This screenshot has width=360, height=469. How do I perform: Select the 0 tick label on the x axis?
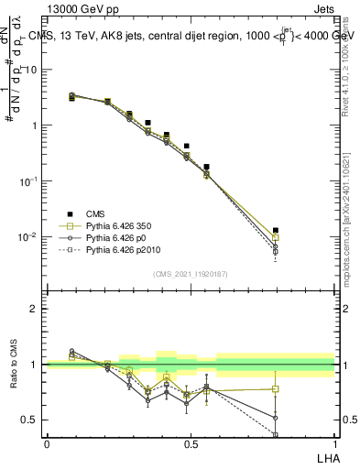pyautogui.click(x=47, y=443)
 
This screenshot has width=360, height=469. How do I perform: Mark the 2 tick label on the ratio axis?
pyautogui.click(x=35, y=309)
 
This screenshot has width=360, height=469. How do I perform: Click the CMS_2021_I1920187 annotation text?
pyautogui.click(x=191, y=274)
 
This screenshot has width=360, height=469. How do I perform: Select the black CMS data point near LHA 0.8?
pyautogui.click(x=276, y=231)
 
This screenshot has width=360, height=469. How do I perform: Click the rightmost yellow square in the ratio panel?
pyautogui.click(x=276, y=388)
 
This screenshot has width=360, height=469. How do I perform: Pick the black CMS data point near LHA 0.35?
pyautogui.click(x=147, y=122)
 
